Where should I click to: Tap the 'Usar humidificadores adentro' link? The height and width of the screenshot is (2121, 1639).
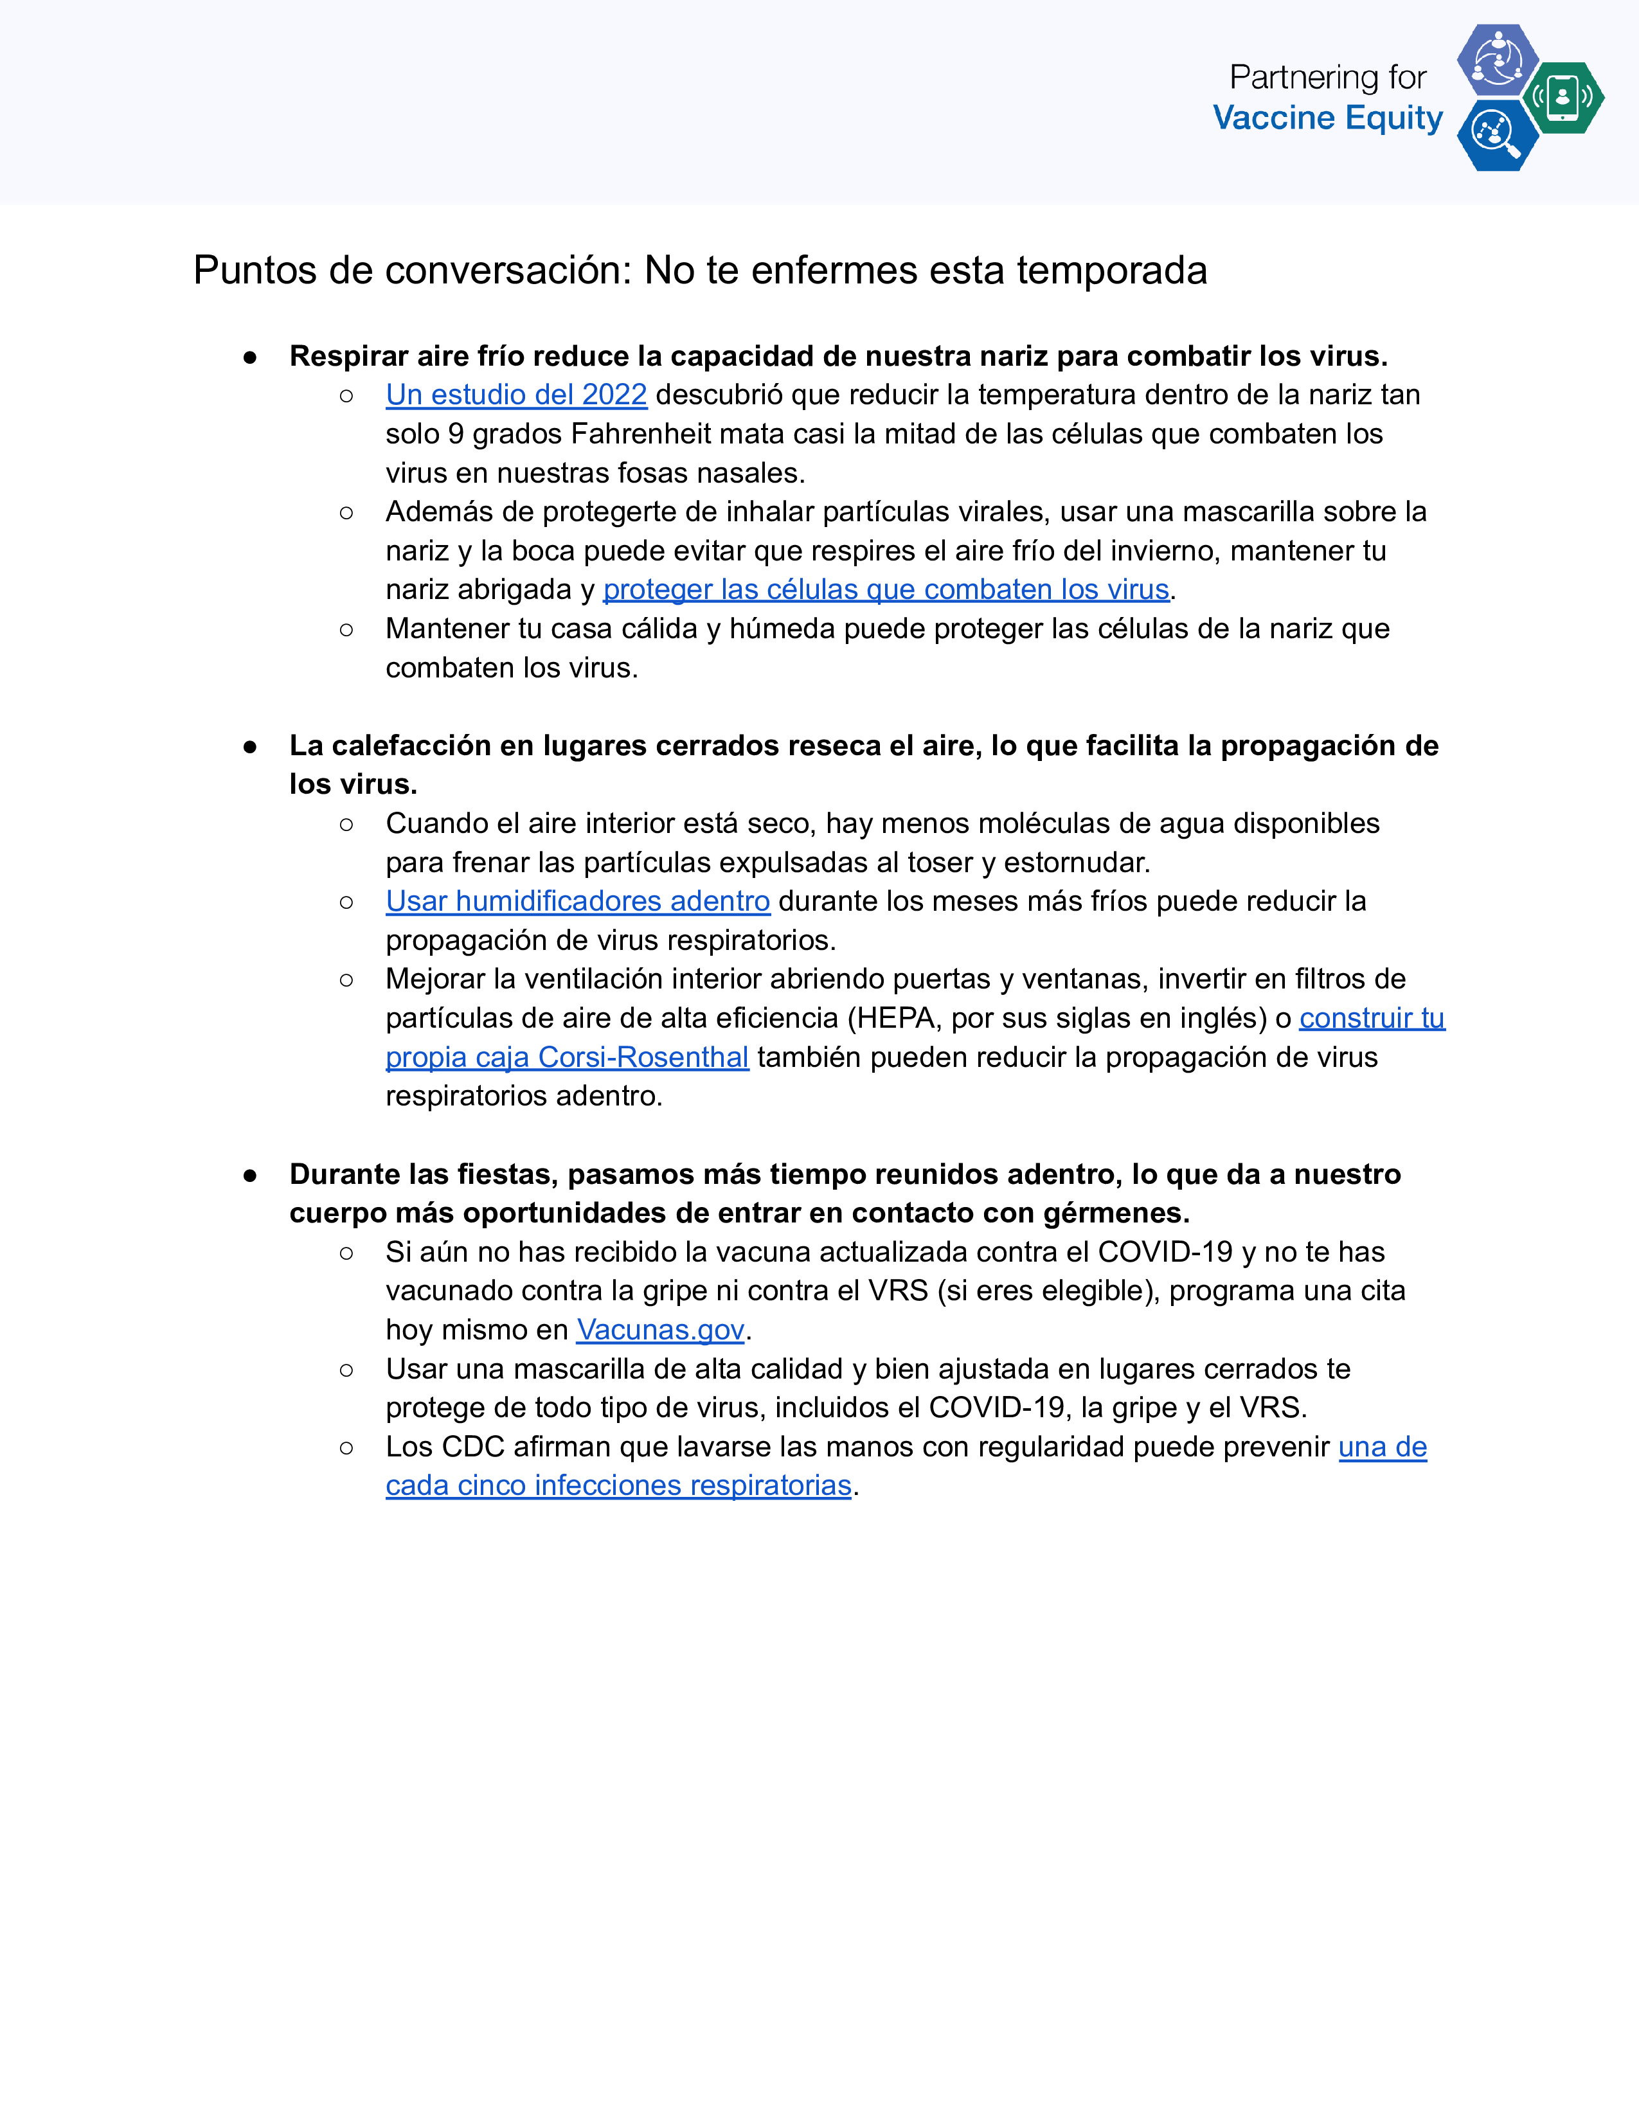tap(578, 901)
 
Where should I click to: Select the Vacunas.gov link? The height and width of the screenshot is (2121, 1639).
tap(660, 1330)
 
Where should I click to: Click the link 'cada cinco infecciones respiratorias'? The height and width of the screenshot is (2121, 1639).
tap(618, 1486)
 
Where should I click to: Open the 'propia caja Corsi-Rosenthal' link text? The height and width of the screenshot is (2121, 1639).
tap(567, 1057)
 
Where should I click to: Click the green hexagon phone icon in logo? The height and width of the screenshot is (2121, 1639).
tap(1563, 97)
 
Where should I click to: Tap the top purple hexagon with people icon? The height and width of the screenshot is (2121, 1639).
tap(1497, 60)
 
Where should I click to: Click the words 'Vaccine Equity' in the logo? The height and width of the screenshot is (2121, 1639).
tap(1327, 118)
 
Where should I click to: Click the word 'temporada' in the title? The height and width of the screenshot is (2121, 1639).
tap(1112, 271)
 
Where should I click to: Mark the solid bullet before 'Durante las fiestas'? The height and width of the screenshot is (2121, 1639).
tap(251, 1175)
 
